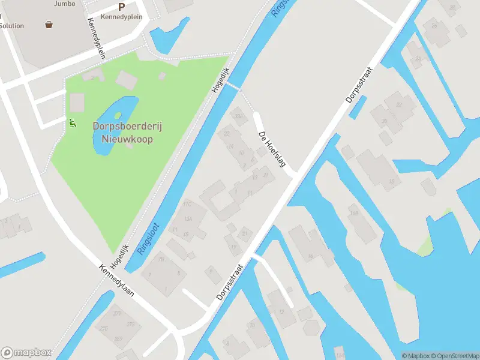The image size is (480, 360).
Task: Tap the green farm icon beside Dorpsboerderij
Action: click(73, 123)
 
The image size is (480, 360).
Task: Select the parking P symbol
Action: click(122, 7)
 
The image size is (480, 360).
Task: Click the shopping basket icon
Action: click(49, 25)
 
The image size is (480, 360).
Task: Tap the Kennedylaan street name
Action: click(117, 281)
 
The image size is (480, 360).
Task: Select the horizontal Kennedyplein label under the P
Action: click(122, 17)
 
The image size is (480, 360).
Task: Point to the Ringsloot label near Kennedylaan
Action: click(144, 240)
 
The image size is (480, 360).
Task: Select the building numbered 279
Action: click(116, 313)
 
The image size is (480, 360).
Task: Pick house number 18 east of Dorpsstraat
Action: click(310, 256)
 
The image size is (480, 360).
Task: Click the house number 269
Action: click(118, 339)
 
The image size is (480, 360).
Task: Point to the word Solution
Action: click(12, 26)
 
